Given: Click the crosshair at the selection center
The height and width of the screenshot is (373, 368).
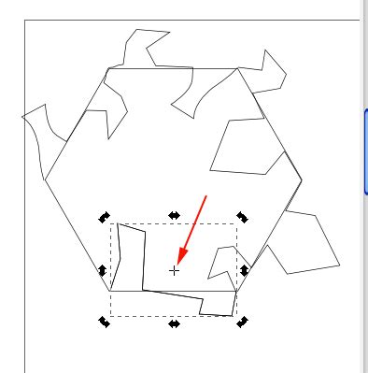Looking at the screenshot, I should [174, 270].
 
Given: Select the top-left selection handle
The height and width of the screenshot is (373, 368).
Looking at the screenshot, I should [105, 217].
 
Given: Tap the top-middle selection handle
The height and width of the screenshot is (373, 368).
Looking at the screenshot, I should [174, 216].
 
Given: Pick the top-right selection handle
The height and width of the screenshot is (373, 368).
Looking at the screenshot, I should [242, 217].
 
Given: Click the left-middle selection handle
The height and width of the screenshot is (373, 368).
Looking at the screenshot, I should [104, 270].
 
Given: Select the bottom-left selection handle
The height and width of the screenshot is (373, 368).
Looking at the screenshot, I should [105, 323].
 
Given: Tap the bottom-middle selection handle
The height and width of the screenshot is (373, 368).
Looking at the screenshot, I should [174, 323].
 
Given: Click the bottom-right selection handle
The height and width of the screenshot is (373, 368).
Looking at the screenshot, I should [242, 323].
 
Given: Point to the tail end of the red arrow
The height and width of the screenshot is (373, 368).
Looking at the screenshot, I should [206, 195].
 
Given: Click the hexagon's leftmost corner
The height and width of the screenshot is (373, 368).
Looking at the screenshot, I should [44, 178].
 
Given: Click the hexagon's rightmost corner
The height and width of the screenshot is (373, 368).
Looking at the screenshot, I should [303, 179].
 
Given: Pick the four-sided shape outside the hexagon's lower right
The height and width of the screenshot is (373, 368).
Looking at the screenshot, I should [303, 245].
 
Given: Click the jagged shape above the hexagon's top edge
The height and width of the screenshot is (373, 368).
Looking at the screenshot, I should [146, 46].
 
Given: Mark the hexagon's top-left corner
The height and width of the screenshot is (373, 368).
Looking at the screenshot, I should [108, 68].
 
